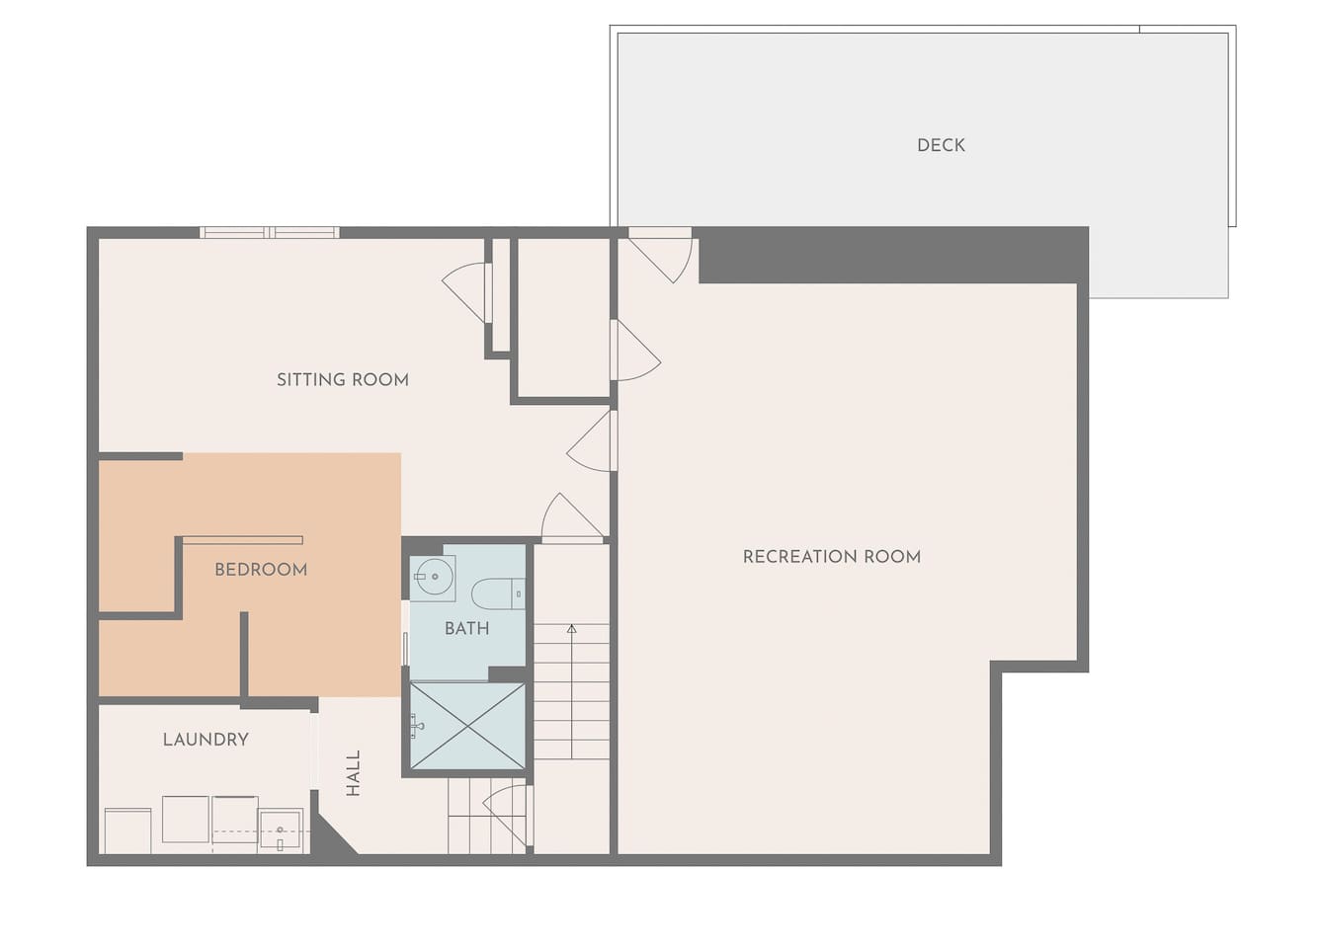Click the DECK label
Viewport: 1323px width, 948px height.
coord(941,145)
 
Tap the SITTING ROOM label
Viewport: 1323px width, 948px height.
coord(343,379)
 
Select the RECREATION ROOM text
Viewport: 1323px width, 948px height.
coord(832,557)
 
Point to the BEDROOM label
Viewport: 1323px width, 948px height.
coord(261,570)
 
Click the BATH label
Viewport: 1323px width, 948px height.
coord(466,628)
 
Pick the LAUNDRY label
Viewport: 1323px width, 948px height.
coord(206,739)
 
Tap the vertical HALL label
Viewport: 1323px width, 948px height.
coord(353,773)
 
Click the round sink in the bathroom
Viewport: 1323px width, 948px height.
coord(434,577)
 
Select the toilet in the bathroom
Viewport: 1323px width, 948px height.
coord(498,593)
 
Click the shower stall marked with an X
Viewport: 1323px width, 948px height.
coord(467,726)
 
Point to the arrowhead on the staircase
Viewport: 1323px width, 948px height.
coord(571,629)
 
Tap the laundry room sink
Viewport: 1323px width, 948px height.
coord(282,830)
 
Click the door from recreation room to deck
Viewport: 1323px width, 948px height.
coord(660,256)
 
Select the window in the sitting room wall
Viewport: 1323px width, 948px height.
coord(270,233)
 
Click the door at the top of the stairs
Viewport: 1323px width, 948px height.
coord(572,517)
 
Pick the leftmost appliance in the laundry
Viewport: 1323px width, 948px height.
coord(128,830)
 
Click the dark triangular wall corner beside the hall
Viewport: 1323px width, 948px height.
coord(331,832)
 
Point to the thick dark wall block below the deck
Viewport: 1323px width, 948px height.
coord(893,255)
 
